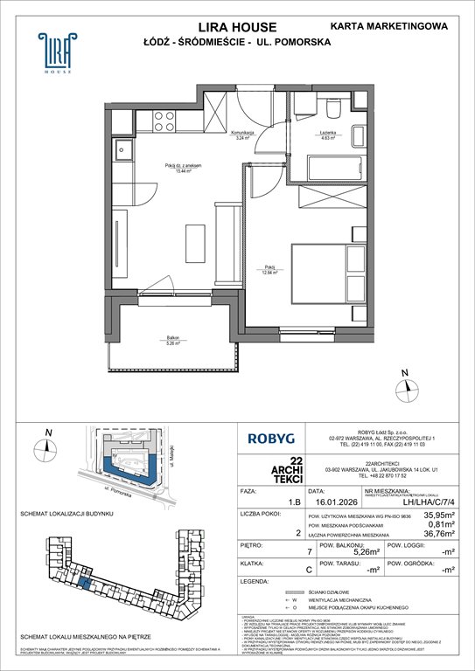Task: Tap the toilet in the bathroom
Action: pyautogui.click(x=333, y=109)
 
